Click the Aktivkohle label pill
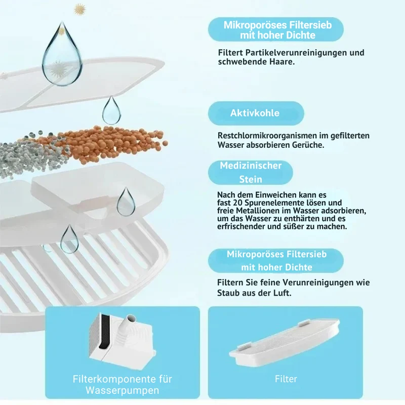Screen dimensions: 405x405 (x=256, y=113)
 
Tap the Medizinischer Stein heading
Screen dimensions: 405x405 (x=251, y=172)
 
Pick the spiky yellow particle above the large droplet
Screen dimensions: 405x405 (x=79, y=10)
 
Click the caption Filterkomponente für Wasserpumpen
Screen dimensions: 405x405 (x=122, y=384)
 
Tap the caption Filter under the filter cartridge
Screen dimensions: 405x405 (x=286, y=379)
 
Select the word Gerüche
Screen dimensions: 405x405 (x=308, y=145)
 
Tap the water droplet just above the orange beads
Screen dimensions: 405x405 (x=111, y=110)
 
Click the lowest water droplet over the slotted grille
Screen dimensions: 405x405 (x=69, y=239)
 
